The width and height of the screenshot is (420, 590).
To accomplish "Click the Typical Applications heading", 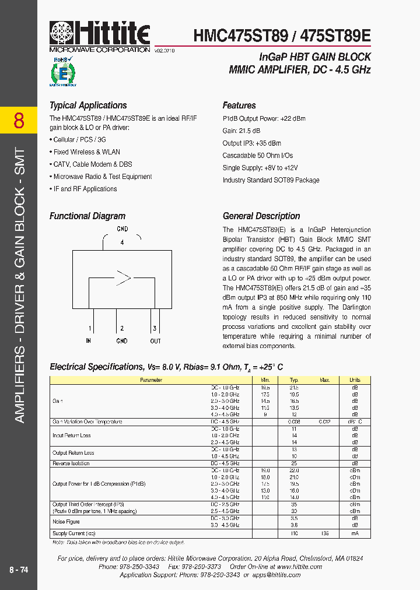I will coord(88,106).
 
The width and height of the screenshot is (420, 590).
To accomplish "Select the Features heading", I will coord(239,106).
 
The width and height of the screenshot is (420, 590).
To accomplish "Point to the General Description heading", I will coord(261,216).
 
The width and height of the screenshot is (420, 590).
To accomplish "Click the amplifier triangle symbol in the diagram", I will coord(123,278).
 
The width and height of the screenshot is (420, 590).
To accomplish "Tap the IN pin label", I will coord(89,340).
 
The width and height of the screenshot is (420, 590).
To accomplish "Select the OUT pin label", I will coord(155,340).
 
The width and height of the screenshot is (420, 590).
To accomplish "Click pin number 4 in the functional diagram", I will coord(122,242).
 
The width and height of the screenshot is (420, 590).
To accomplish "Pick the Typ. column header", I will coord(295,380).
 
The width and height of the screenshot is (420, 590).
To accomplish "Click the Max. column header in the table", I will coord(325,380).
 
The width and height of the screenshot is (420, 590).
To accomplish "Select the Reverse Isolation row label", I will coord(72,463).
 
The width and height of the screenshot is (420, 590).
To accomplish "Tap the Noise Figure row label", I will coord(66,522).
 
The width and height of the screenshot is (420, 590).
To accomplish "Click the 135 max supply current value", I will coord(325,533).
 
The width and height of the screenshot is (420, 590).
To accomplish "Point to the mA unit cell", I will coord(355,533).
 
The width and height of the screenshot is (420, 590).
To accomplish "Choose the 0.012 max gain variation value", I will coord(325,422).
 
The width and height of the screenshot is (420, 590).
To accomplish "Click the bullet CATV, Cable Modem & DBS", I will coord(92,164).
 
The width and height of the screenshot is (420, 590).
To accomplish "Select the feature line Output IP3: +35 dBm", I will coord(251,143).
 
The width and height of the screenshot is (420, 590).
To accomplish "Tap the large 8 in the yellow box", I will coord(19,121).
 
